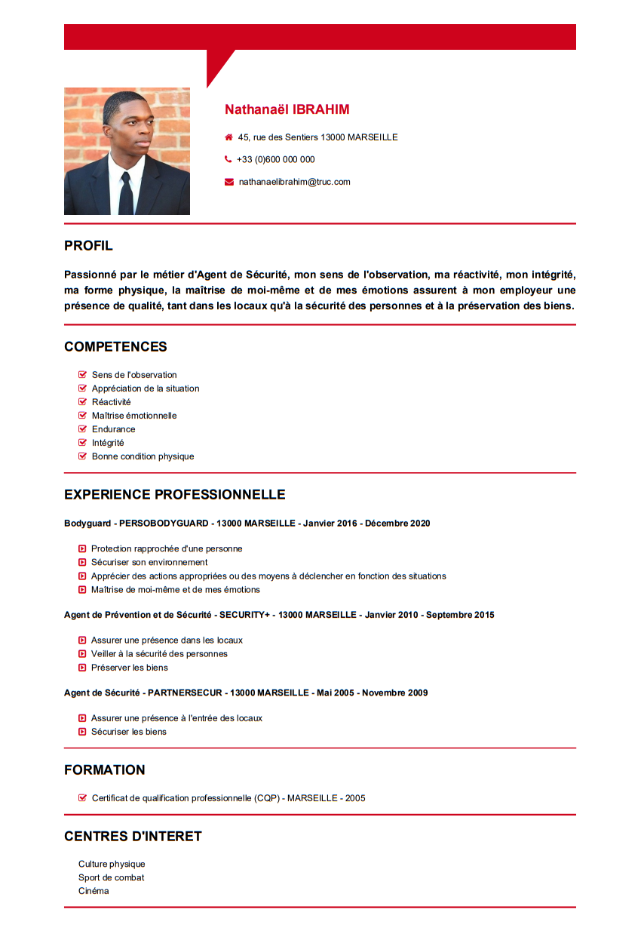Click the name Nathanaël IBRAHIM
point(287,109)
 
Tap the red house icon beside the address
point(228,137)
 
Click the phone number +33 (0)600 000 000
point(275,159)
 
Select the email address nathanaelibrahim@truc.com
point(294,182)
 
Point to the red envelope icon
point(229,182)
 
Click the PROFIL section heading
point(88,246)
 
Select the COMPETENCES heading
point(115,347)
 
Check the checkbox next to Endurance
point(83,429)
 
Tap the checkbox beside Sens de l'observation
point(83,375)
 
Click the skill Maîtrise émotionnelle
point(134,416)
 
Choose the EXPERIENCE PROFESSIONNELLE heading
point(174,495)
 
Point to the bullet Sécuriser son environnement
point(149,563)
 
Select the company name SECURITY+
point(244,615)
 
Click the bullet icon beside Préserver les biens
point(82,668)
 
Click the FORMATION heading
point(104,770)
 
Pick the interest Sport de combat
point(111,877)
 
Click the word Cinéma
point(94,891)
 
